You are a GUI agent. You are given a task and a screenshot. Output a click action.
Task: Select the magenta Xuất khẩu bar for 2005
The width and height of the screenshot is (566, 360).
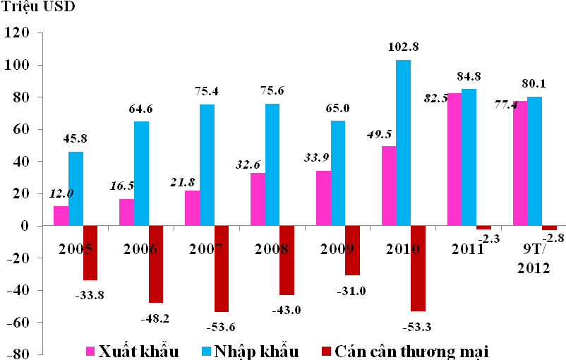point(61,216)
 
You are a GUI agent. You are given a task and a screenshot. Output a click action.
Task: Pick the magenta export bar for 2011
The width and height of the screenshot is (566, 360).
point(454,160)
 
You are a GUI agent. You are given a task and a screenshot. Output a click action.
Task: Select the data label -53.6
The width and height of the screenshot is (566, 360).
point(221,327)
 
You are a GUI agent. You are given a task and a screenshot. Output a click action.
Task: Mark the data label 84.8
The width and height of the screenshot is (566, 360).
point(469,76)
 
